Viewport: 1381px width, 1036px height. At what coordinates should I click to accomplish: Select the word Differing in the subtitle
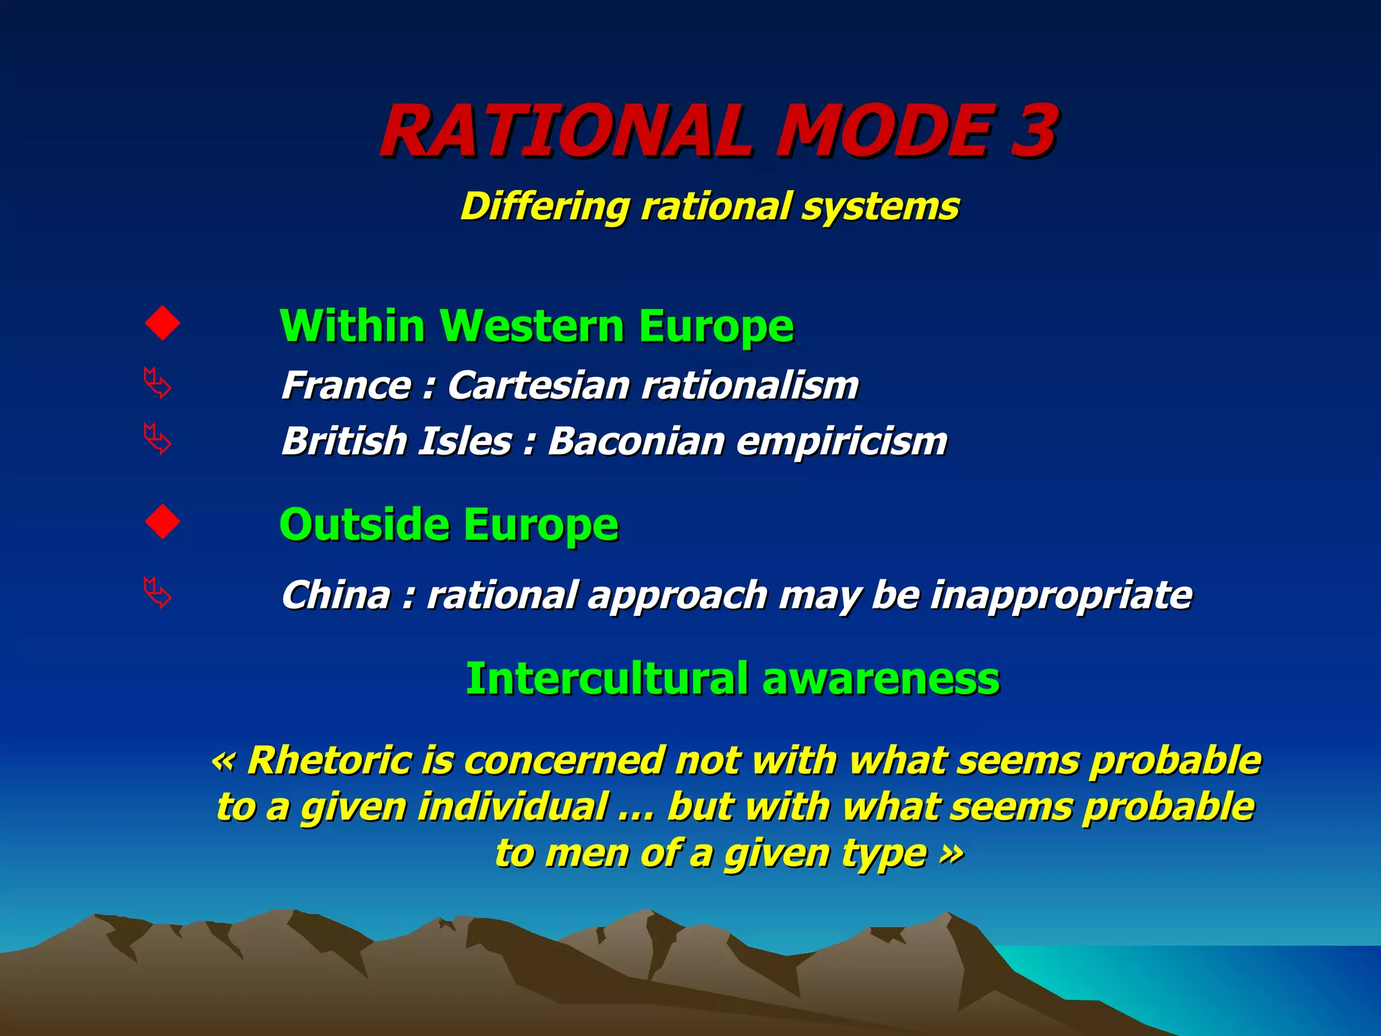[x=543, y=206]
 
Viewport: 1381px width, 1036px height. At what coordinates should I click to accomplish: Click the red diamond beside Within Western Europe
[x=163, y=323]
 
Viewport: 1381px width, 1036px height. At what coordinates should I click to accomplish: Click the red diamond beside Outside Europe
[x=163, y=521]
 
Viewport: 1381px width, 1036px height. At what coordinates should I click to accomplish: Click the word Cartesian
[x=539, y=386]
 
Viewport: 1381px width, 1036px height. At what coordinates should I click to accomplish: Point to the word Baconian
[x=635, y=442]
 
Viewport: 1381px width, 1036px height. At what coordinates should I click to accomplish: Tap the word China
[x=336, y=595]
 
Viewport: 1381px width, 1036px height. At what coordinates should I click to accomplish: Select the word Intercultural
[x=607, y=679]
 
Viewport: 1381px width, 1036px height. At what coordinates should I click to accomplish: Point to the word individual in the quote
[x=512, y=807]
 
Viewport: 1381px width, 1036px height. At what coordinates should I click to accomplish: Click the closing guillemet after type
[x=951, y=854]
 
